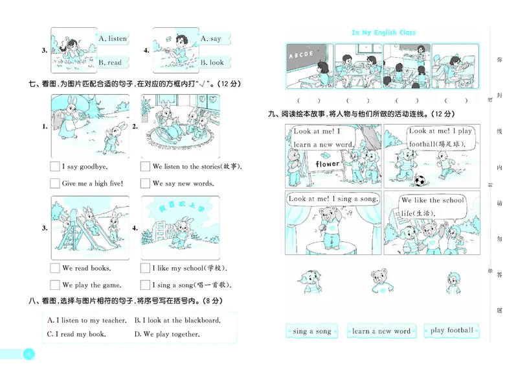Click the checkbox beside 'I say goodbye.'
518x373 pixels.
pyautogui.click(x=55, y=167)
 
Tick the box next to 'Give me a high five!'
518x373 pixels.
pyautogui.click(x=55, y=184)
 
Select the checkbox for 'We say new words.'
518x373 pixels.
pyautogui.click(x=146, y=184)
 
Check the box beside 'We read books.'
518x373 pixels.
pyautogui.click(x=55, y=268)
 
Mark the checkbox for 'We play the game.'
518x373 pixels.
pyautogui.click(x=55, y=285)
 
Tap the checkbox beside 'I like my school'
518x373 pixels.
pyautogui.click(x=146, y=268)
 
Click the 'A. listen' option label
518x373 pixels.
pyautogui.click(x=113, y=39)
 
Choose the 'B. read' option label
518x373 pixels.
pyautogui.click(x=110, y=63)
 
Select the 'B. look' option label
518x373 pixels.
pyautogui.click(x=212, y=63)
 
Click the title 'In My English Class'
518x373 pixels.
pyautogui.click(x=383, y=32)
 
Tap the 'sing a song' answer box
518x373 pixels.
pyautogui.click(x=312, y=331)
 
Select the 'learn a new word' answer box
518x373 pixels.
pyautogui.click(x=381, y=331)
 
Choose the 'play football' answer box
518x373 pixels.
pyautogui.click(x=452, y=331)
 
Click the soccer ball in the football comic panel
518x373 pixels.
pyautogui.click(x=420, y=180)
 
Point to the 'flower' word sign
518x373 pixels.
pyautogui.click(x=326, y=164)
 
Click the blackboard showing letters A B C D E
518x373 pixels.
pyautogui.click(x=305, y=54)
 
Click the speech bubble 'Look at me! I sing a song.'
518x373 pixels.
pyautogui.click(x=332, y=199)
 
